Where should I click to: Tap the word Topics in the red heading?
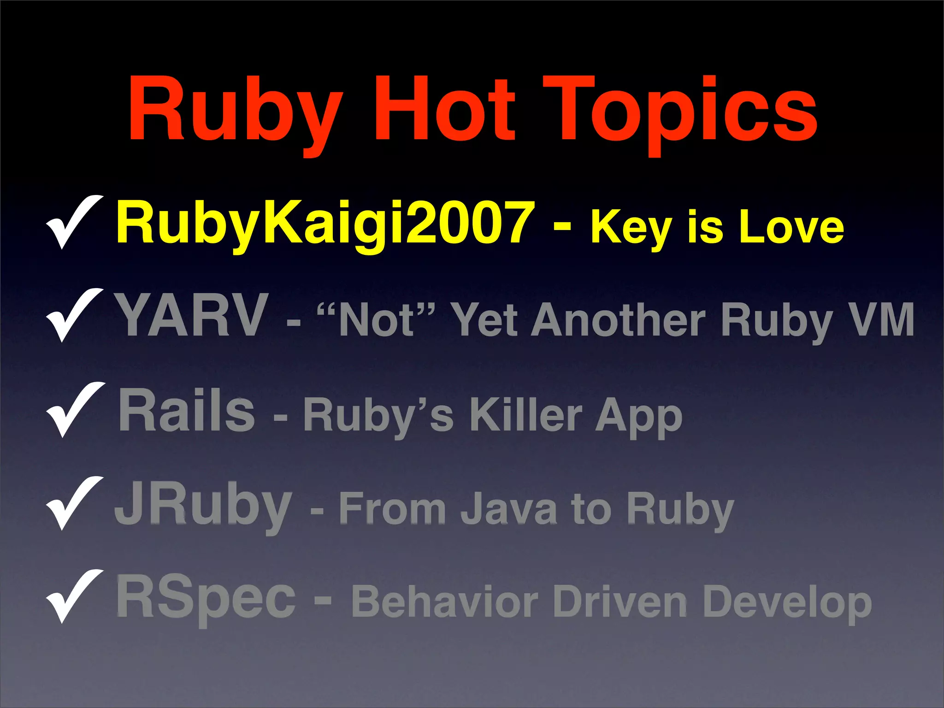point(679,113)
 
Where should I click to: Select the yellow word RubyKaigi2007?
point(325,223)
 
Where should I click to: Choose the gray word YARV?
point(192,316)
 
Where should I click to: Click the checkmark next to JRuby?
point(74,503)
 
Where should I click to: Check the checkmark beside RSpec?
point(74,596)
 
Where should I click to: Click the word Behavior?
point(444,601)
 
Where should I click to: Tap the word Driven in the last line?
point(619,601)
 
